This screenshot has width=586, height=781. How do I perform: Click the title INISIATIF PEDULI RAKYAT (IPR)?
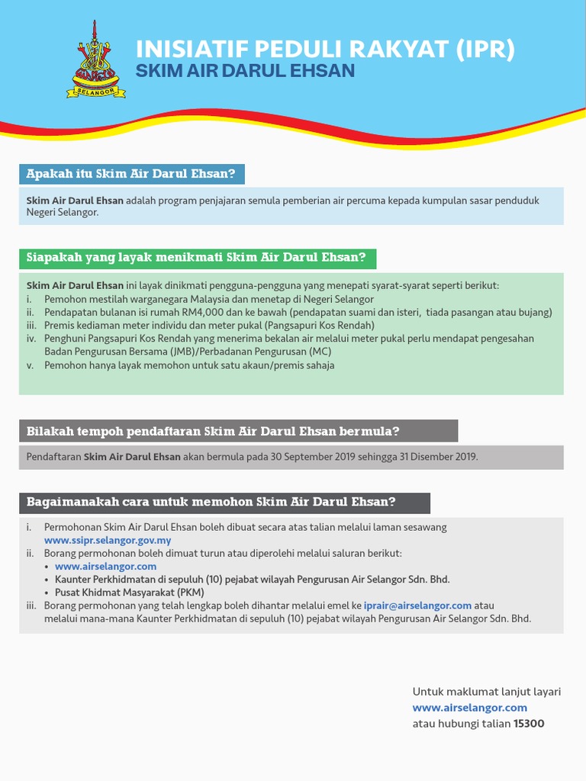click(325, 50)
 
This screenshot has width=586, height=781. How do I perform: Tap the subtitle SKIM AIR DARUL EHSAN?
click(245, 71)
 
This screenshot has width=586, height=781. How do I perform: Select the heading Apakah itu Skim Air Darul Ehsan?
click(131, 174)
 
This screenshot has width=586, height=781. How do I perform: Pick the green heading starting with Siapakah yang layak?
click(197, 258)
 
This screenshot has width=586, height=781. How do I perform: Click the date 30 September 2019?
click(297, 457)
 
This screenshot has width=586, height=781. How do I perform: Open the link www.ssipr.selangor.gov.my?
click(108, 541)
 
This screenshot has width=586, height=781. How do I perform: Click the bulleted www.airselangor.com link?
click(105, 567)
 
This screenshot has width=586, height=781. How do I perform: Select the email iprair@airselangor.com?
click(417, 606)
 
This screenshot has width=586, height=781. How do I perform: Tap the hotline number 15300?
click(529, 723)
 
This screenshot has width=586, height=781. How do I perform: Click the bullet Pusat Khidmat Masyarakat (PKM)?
click(129, 593)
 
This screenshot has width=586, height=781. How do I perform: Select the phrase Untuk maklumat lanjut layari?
click(487, 692)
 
